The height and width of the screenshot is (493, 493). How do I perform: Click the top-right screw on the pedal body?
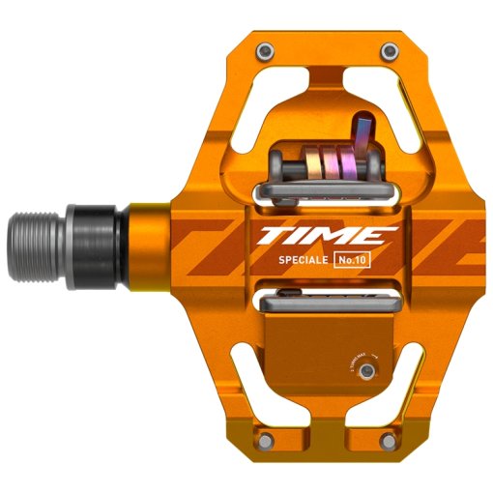pyautogui.click(x=388, y=50)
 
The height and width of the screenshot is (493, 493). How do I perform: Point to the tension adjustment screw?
pyautogui.click(x=365, y=370)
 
